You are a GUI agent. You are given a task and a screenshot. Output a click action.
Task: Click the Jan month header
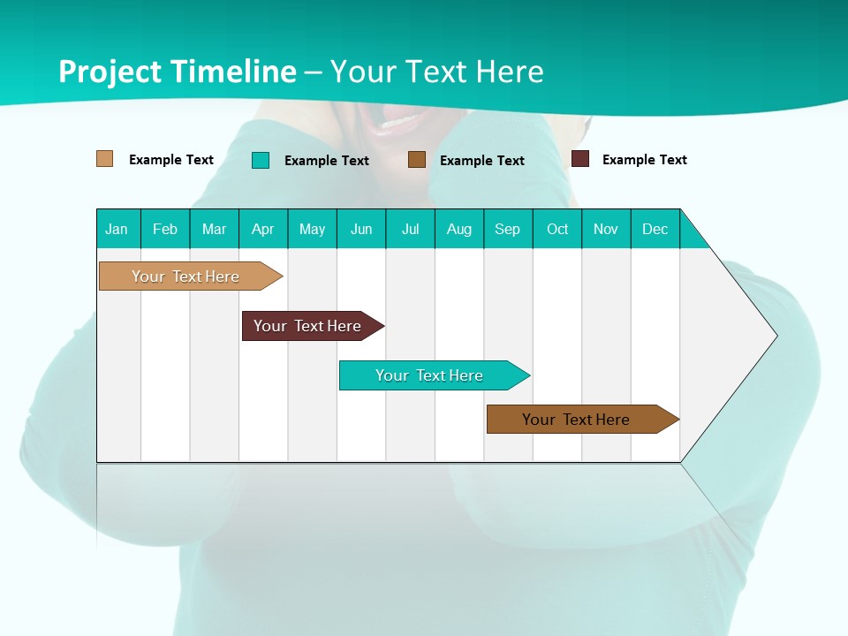tap(117, 229)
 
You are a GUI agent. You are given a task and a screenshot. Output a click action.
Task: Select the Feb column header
tap(165, 229)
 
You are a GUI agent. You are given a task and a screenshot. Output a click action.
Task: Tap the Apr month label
tap(262, 229)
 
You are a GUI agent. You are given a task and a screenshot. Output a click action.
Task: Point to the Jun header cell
tap(361, 229)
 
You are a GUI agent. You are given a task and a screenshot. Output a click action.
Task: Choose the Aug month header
tap(458, 229)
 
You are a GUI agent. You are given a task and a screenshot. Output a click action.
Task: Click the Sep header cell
tap(507, 229)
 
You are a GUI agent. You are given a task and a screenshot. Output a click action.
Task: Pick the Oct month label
tap(557, 229)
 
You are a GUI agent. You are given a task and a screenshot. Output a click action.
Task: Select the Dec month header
tap(655, 229)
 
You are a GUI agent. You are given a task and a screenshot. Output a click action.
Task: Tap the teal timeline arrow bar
tap(431, 375)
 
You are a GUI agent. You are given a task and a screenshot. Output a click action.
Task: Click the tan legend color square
tap(104, 159)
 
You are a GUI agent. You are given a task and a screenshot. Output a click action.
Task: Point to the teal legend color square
tap(261, 160)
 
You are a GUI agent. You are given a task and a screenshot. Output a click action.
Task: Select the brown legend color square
tap(417, 160)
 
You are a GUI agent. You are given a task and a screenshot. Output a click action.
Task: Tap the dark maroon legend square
tap(580, 159)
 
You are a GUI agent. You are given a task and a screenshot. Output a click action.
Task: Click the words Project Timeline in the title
tap(177, 72)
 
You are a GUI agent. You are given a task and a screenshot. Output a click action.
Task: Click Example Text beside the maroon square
tap(644, 160)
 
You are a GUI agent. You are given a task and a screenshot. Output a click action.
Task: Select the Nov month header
tap(606, 229)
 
